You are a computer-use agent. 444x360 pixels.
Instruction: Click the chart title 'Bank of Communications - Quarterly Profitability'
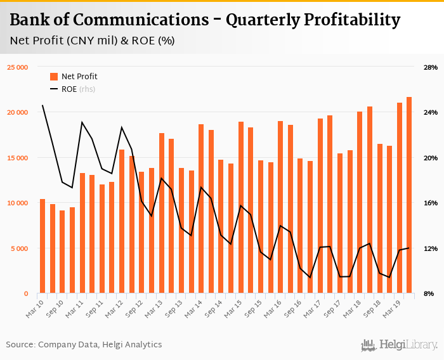pyautogui.click(x=205, y=20)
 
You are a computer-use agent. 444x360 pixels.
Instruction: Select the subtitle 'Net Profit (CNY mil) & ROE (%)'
pyautogui.click(x=93, y=41)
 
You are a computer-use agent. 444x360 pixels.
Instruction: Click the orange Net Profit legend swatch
pyautogui.click(x=53, y=77)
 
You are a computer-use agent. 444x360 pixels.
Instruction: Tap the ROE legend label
pyautogui.click(x=69, y=89)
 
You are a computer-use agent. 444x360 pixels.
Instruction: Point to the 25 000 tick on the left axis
pyautogui.click(x=18, y=67)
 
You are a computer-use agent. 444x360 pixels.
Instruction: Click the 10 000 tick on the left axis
pyautogui.click(x=18, y=203)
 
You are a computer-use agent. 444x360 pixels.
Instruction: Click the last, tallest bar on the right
pyautogui.click(x=409, y=195)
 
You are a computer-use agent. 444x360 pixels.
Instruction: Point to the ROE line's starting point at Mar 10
pyautogui.click(x=42, y=105)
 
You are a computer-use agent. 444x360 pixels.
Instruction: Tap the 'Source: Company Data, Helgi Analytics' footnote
pyautogui.click(x=84, y=345)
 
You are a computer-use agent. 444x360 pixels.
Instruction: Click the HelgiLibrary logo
pyautogui.click(x=400, y=345)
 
